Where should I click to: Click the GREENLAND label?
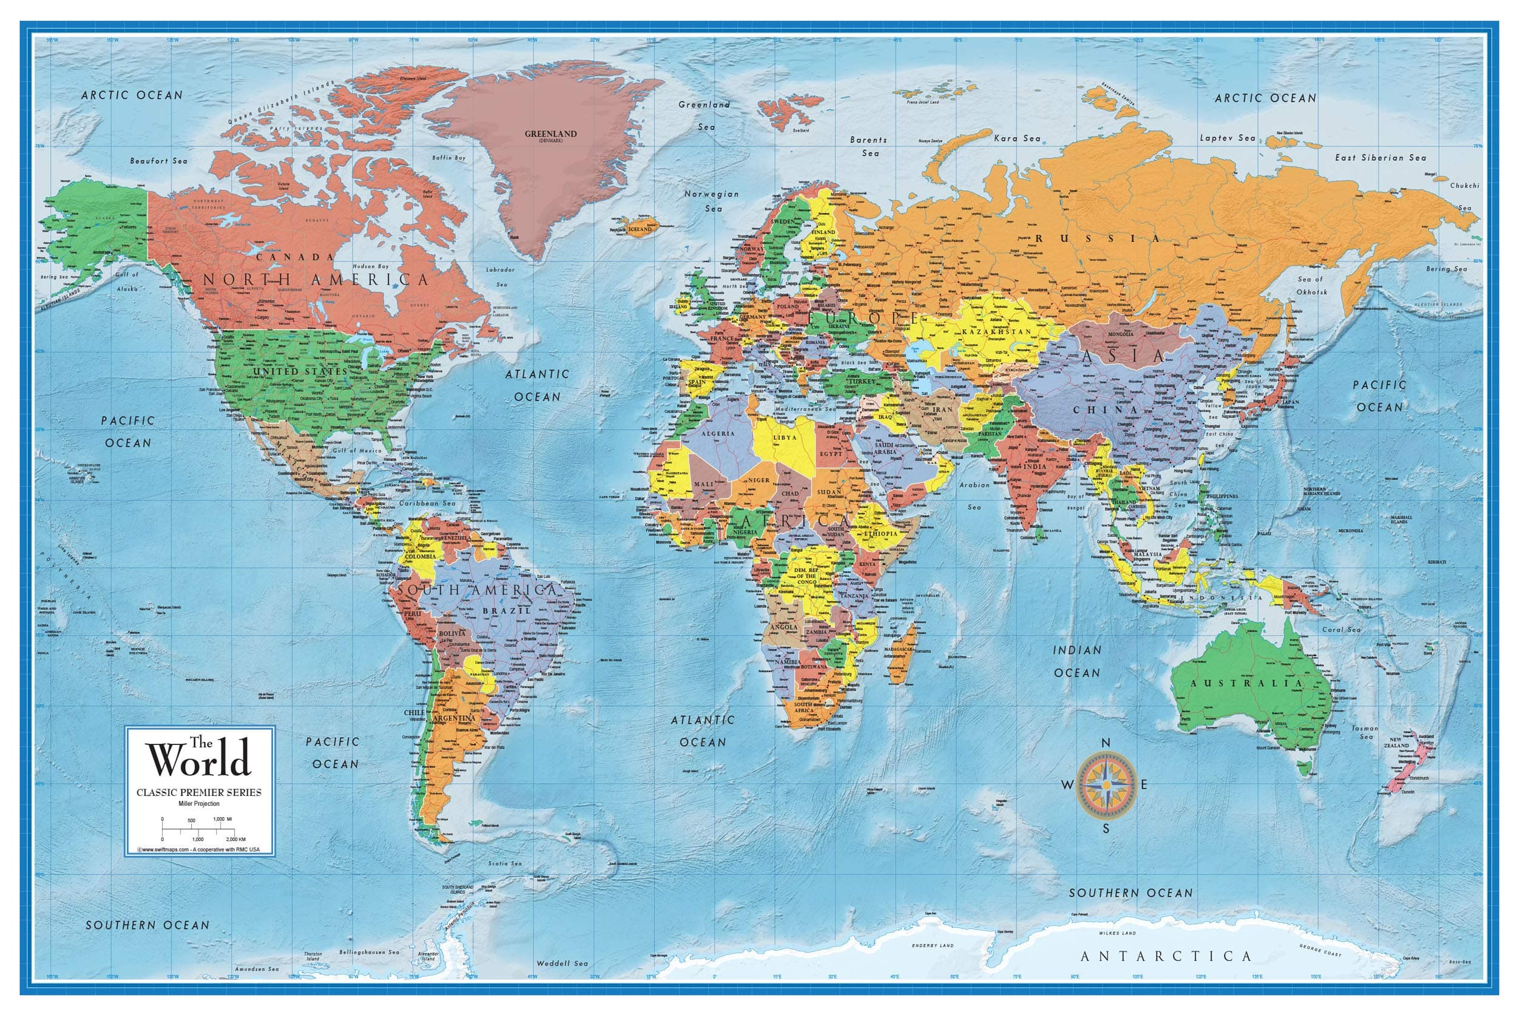pos(550,133)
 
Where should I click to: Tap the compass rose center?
pos(1106,784)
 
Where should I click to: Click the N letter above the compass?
pos(1106,743)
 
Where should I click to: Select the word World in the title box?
pos(199,759)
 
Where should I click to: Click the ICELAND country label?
pos(640,229)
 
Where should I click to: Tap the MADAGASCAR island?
pos(899,653)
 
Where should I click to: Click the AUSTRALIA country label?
pos(1246,683)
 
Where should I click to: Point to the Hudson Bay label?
pos(371,266)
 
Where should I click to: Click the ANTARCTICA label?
pos(1166,956)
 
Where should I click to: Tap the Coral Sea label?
pos(1341,629)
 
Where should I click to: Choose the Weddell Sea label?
pos(563,963)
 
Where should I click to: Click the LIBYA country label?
pos(785,437)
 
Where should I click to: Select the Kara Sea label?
pos(1017,138)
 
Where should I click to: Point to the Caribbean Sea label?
pos(427,503)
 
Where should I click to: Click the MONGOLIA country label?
pos(1120,334)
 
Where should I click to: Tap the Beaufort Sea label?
pos(159,161)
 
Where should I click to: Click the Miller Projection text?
pos(199,803)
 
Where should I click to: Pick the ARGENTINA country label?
pos(454,718)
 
